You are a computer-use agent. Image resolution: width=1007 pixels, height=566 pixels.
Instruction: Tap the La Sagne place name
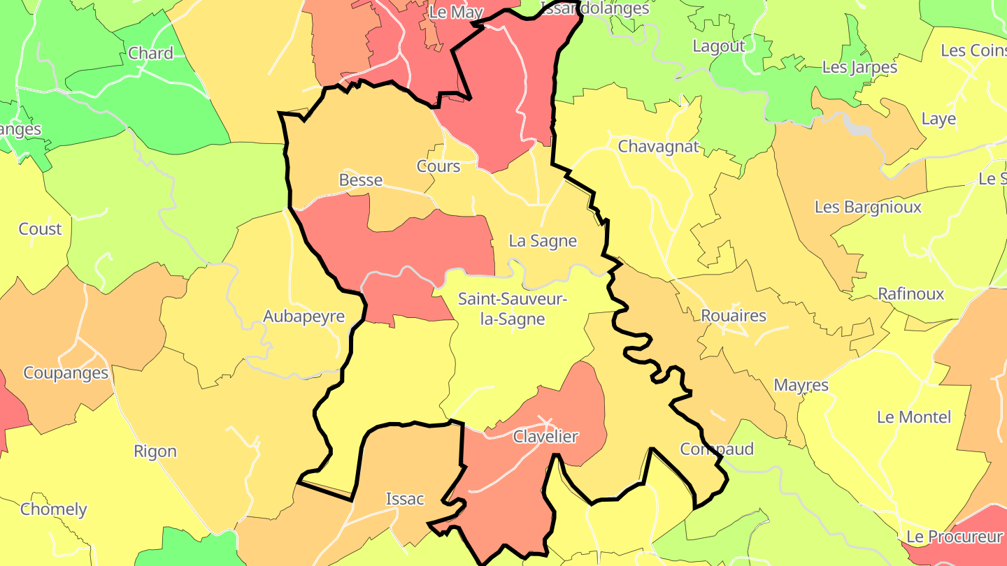pyautogui.click(x=543, y=241)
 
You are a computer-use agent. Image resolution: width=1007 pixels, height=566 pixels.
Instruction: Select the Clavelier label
pyautogui.click(x=545, y=437)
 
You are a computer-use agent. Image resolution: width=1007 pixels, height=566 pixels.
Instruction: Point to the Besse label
pyautogui.click(x=361, y=180)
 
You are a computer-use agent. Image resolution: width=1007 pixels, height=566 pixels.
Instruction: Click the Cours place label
pyautogui.click(x=438, y=166)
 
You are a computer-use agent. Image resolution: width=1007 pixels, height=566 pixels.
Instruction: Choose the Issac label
pyautogui.click(x=405, y=499)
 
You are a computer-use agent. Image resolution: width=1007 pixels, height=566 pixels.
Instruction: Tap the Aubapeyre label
pyautogui.click(x=304, y=316)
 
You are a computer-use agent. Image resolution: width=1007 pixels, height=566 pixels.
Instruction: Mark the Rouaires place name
pyautogui.click(x=734, y=315)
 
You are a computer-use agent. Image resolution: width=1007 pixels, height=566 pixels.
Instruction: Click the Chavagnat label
pyautogui.click(x=658, y=147)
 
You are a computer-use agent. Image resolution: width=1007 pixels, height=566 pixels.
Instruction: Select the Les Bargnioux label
pyautogui.click(x=868, y=207)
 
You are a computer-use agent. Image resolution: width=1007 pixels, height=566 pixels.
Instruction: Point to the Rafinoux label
pyautogui.click(x=910, y=293)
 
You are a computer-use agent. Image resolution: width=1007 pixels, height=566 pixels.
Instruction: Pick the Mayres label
pyautogui.click(x=801, y=385)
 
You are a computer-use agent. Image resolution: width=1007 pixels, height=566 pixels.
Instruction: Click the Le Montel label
pyautogui.click(x=914, y=417)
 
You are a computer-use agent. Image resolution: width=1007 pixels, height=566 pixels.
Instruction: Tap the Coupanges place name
pyautogui.click(x=66, y=372)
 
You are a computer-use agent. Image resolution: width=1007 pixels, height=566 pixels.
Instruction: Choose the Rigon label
pyautogui.click(x=155, y=451)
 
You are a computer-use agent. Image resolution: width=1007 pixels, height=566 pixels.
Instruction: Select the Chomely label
pyautogui.click(x=54, y=509)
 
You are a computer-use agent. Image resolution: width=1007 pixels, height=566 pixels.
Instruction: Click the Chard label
pyautogui.click(x=151, y=53)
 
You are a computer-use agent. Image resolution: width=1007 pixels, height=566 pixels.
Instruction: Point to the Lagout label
pyautogui.click(x=719, y=46)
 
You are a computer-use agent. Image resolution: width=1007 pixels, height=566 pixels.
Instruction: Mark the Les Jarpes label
pyautogui.click(x=859, y=67)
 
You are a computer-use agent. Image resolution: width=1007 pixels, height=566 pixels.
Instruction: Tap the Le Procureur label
pyautogui.click(x=955, y=537)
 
